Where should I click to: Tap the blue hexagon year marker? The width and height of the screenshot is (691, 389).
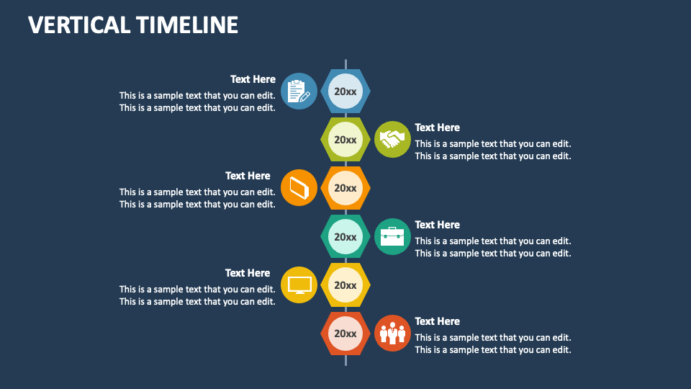pyautogui.click(x=345, y=91)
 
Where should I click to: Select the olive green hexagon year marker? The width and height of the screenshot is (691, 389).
pyautogui.click(x=345, y=140)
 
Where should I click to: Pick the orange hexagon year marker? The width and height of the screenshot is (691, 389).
pyautogui.click(x=345, y=188)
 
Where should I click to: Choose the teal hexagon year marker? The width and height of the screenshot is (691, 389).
pyautogui.click(x=345, y=237)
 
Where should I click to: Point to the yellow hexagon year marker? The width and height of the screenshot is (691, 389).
pyautogui.click(x=345, y=285)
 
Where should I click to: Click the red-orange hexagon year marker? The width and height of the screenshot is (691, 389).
pyautogui.click(x=345, y=334)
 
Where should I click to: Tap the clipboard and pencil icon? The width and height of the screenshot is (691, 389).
pyautogui.click(x=299, y=91)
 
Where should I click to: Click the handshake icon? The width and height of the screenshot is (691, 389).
pyautogui.click(x=392, y=139)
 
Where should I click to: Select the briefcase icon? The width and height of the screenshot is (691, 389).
pyautogui.click(x=392, y=236)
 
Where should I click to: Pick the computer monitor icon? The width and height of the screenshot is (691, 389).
pyautogui.click(x=299, y=285)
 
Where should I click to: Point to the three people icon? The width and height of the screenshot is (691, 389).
pyautogui.click(x=392, y=333)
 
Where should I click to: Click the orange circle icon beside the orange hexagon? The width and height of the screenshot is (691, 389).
pyautogui.click(x=299, y=188)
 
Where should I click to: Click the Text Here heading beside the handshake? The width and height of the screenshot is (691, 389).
pyautogui.click(x=437, y=128)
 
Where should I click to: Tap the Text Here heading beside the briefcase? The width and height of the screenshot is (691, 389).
pyautogui.click(x=437, y=225)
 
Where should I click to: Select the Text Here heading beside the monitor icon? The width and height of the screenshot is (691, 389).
pyautogui.click(x=248, y=273)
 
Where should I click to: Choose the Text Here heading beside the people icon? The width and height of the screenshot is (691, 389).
pyautogui.click(x=437, y=321)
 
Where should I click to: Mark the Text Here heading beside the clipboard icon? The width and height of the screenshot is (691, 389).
pyautogui.click(x=253, y=79)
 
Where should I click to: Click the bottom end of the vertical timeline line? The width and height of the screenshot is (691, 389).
pyautogui.click(x=345, y=363)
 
